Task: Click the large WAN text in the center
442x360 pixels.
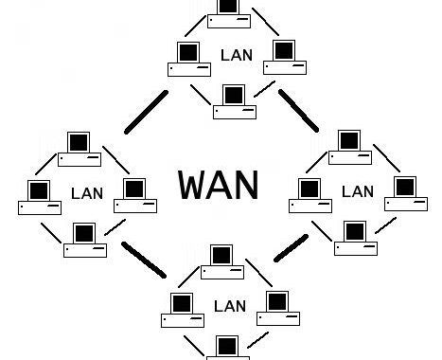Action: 218,184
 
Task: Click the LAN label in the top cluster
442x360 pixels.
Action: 236,55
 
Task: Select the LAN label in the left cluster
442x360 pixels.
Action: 87,193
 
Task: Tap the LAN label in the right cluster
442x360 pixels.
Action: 357,191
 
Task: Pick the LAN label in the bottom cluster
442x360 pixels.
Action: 230,306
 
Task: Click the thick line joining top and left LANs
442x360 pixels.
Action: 146,113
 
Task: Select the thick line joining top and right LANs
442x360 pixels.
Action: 298,110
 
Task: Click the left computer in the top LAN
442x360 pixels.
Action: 189,59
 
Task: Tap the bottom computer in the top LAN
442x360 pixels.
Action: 234,101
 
